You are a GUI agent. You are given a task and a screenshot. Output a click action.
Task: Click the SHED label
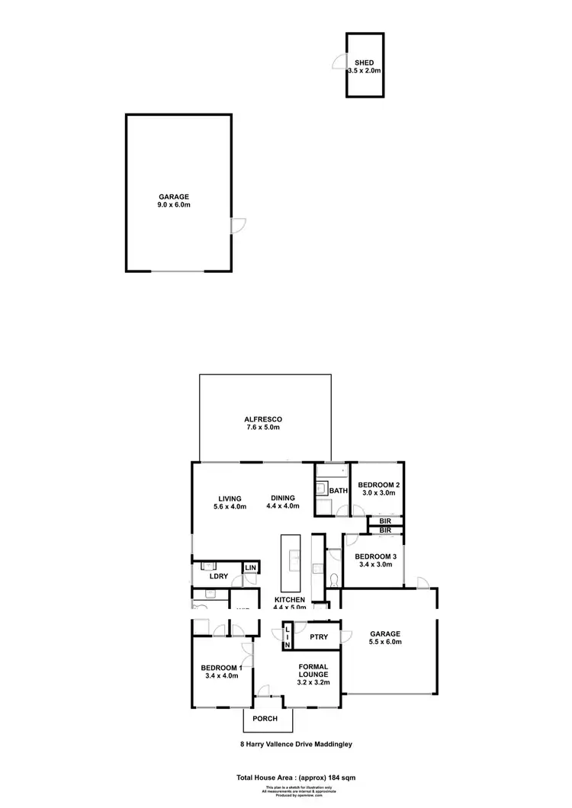point(365,62)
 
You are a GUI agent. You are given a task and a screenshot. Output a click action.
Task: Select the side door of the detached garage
point(238,226)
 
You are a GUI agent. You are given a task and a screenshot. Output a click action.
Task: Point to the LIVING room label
point(229,498)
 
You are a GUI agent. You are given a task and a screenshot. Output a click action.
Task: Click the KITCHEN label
point(290,601)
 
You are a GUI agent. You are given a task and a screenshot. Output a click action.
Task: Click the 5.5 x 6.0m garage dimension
point(385,642)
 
